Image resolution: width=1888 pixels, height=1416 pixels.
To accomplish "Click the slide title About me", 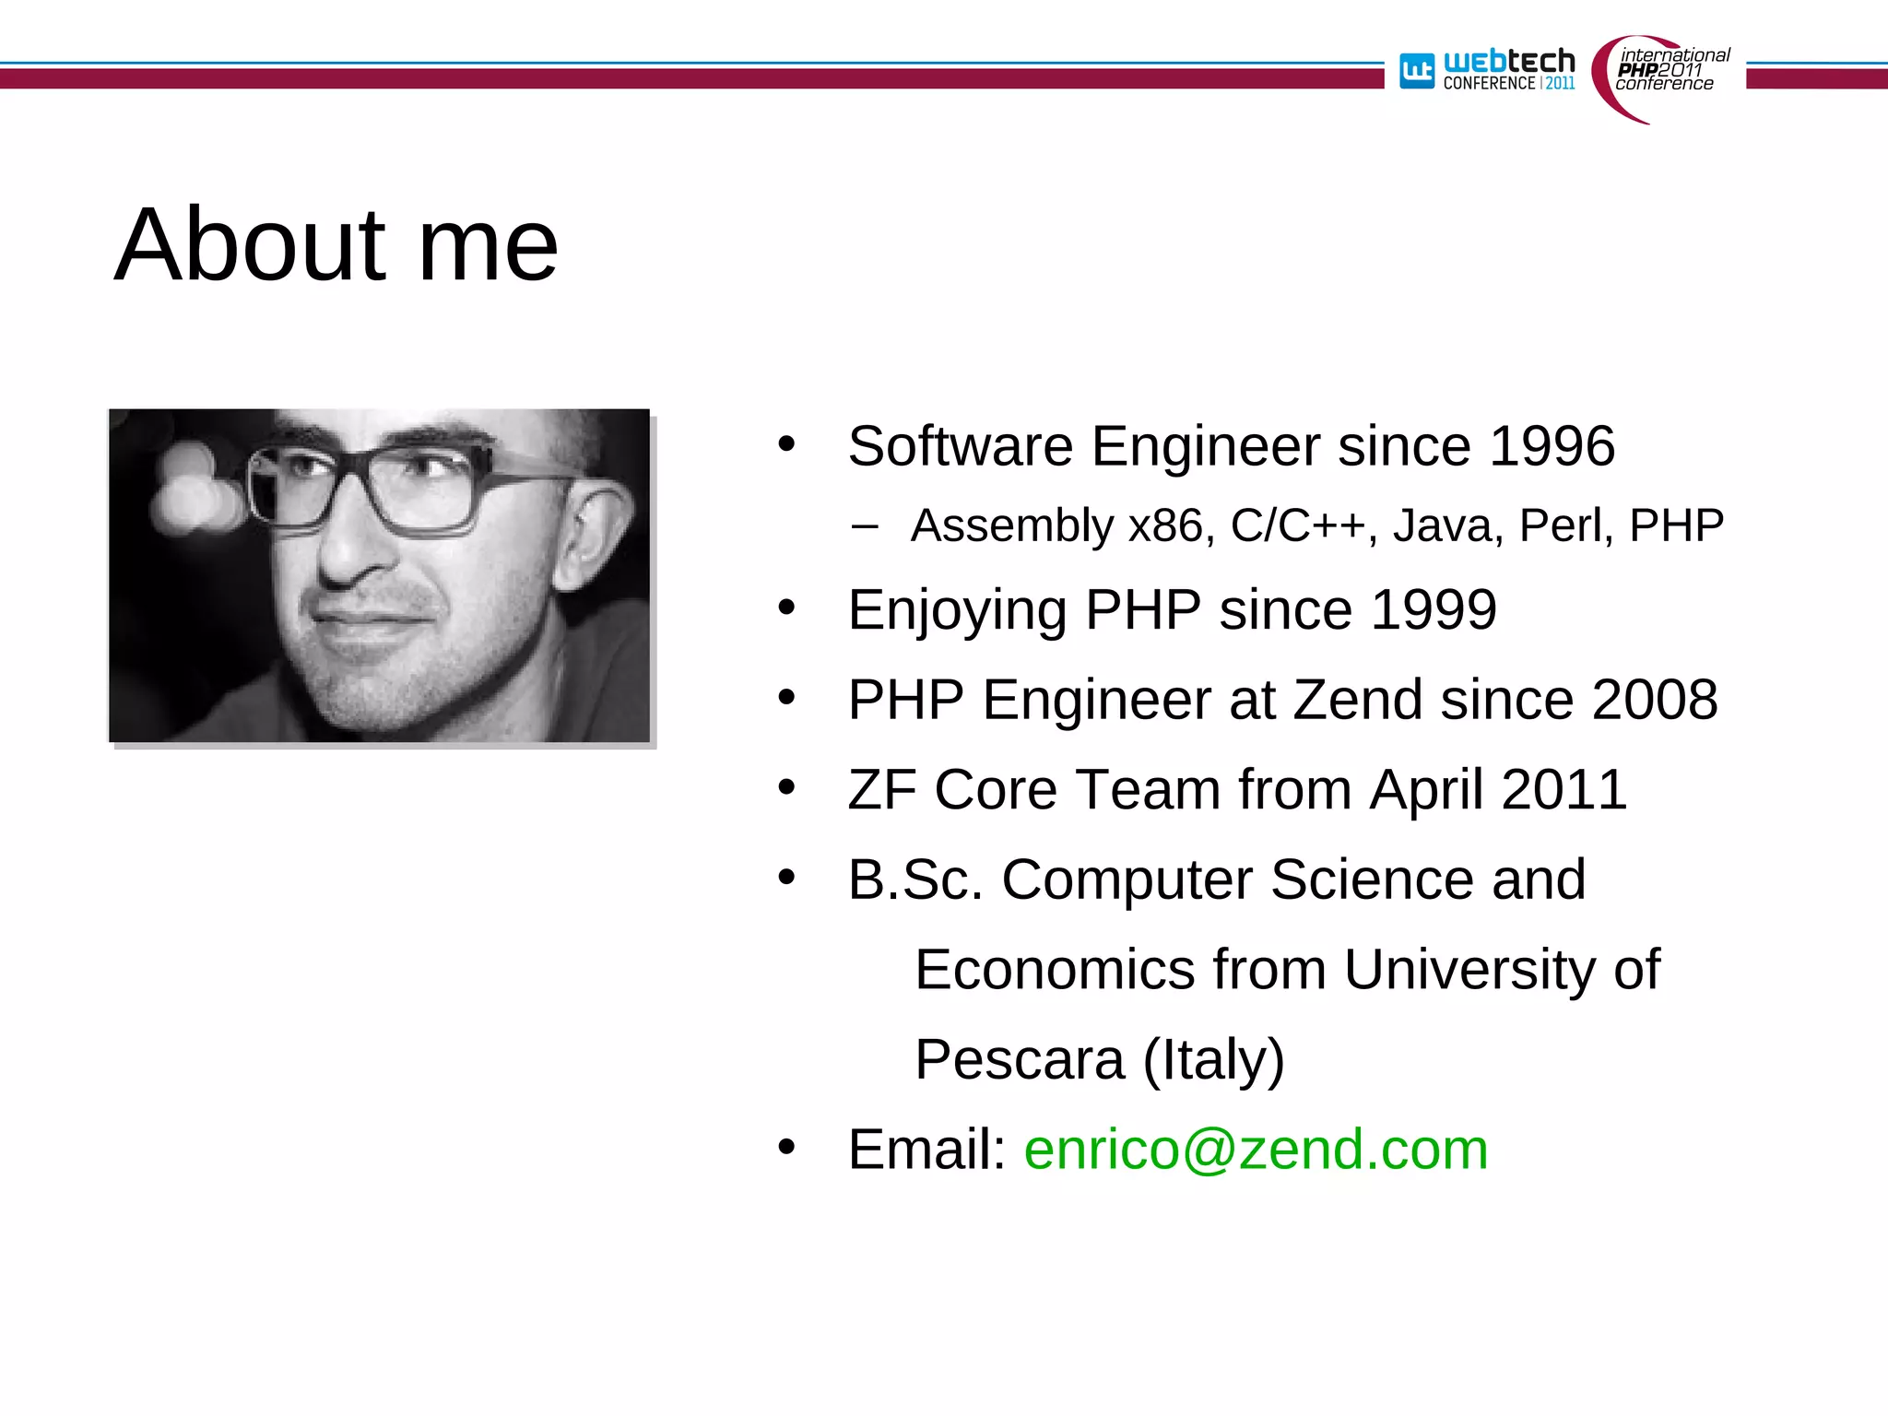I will [x=336, y=245].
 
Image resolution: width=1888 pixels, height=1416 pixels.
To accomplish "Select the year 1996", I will [x=1552, y=446].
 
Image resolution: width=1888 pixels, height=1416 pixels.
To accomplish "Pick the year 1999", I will [x=1434, y=610].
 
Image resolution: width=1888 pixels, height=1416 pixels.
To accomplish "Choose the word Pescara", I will [x=1020, y=1060].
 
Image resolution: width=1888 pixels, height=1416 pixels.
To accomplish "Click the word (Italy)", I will [x=1213, y=1060].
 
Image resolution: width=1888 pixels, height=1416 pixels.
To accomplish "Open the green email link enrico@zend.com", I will [x=1256, y=1150].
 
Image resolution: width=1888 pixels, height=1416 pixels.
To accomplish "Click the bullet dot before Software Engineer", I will [x=786, y=444].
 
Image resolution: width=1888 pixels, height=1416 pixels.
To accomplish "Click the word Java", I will [x=1447, y=526].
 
